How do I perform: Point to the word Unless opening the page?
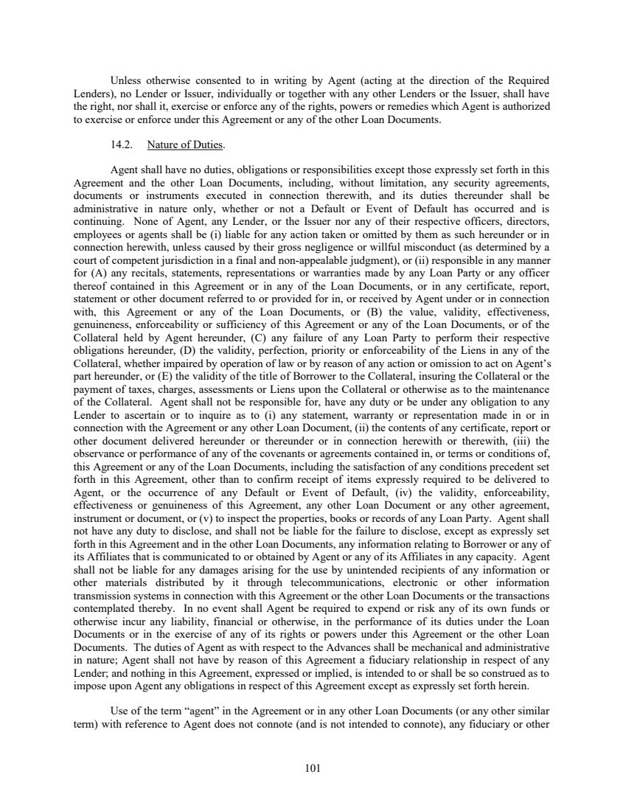coord(126,80)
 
